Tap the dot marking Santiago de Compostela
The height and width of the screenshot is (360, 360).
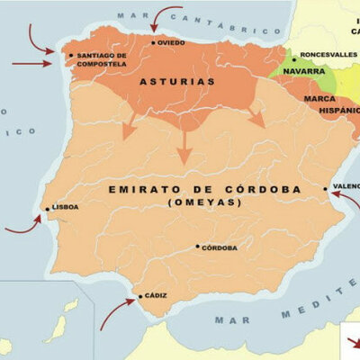(x=71, y=55)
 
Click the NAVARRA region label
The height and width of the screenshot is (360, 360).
(x=303, y=70)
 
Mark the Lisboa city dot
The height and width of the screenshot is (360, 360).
(x=48, y=209)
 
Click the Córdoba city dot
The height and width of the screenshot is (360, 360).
(x=197, y=246)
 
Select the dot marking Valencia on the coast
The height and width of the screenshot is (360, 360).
(x=326, y=188)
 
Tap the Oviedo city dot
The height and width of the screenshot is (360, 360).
(x=153, y=42)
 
